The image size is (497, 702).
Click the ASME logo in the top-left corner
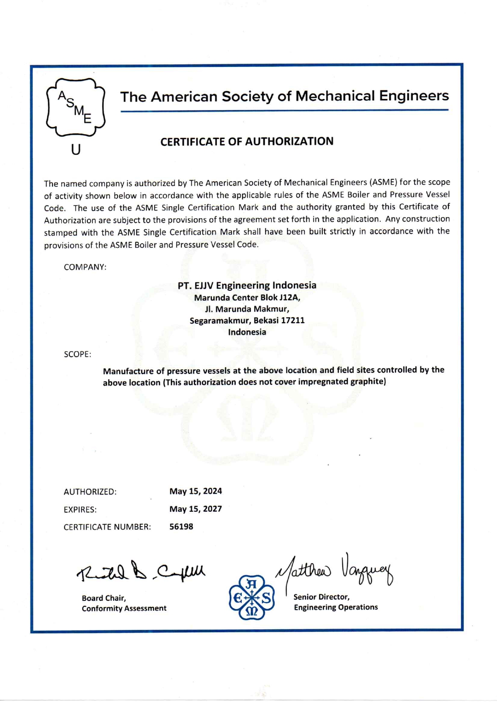(75, 107)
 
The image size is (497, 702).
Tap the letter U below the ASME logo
(76, 150)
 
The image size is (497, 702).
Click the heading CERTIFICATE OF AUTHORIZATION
(247, 141)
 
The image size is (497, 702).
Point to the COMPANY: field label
(85, 267)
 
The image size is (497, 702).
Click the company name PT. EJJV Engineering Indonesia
(247, 286)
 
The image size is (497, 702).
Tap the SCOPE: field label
(77, 354)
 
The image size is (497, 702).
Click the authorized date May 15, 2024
(196, 491)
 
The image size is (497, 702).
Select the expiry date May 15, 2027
(196, 509)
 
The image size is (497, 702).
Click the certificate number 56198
(181, 527)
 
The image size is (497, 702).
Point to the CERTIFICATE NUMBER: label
(107, 527)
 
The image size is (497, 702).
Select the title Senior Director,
(321, 597)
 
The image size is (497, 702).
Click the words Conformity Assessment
(124, 608)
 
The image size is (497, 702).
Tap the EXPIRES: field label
(80, 510)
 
